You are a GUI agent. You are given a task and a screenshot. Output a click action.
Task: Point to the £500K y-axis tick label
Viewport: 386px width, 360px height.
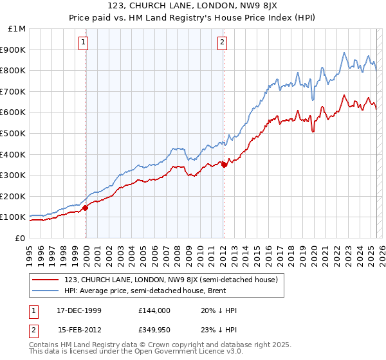coord(14,134)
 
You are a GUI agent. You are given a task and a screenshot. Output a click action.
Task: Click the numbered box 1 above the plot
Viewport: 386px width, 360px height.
coord(84,43)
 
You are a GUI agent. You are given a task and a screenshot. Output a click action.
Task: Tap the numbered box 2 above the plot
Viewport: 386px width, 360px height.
coord(222,43)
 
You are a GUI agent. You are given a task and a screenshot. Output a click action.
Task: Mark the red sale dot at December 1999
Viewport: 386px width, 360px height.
coord(86,208)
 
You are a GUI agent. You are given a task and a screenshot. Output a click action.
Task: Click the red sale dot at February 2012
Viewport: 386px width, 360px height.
coord(224,165)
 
